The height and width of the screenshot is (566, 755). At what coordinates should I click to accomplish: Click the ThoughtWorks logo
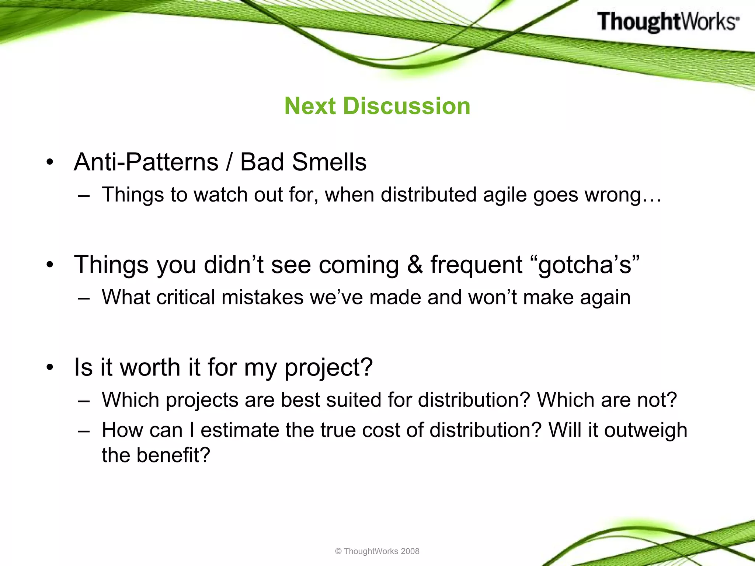(668, 21)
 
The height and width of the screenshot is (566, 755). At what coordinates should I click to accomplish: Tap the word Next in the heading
(310, 106)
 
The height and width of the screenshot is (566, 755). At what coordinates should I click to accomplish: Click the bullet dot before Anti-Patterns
(50, 162)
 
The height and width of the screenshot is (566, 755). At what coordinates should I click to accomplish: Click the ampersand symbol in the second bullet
(415, 265)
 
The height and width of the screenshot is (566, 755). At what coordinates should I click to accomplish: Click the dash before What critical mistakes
(84, 298)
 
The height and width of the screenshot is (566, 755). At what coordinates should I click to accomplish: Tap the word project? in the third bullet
(328, 368)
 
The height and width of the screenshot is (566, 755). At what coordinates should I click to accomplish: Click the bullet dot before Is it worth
(50, 368)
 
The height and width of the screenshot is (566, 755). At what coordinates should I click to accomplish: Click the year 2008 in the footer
(410, 551)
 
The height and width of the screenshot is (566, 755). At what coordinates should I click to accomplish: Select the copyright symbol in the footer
(338, 551)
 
